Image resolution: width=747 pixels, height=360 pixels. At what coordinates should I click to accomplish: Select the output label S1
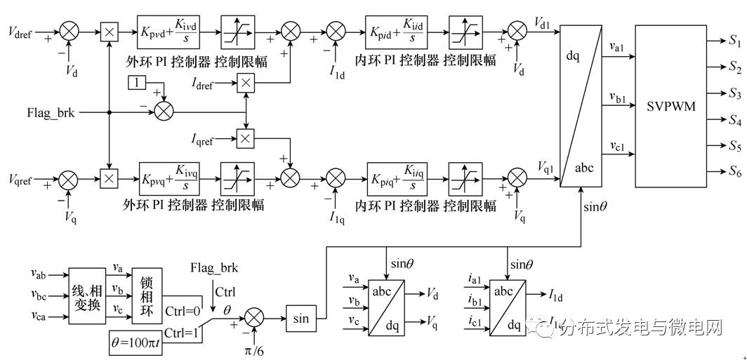(735, 43)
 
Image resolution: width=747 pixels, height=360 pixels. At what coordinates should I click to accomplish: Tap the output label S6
(735, 172)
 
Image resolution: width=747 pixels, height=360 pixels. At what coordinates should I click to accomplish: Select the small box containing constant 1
(135, 84)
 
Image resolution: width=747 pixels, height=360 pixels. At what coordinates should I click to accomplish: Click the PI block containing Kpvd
(168, 32)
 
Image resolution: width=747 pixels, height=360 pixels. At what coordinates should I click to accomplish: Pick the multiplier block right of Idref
(244, 84)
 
